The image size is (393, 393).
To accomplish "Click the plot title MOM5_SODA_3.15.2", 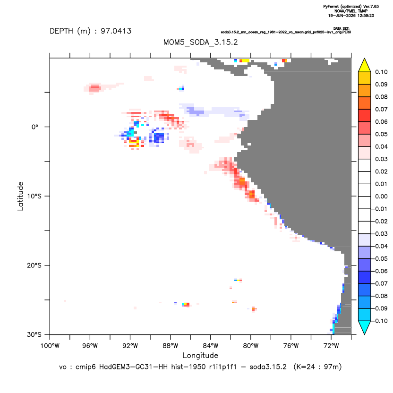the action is coord(200,42).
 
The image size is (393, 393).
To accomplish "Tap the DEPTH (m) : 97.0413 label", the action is coord(91,31).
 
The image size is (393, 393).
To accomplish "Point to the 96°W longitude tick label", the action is coord(90,346).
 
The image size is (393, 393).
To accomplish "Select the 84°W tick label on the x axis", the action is coord(211,346).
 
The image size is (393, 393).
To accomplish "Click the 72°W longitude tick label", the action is coord(331,346).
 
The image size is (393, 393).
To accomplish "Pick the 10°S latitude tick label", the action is coord(34,196).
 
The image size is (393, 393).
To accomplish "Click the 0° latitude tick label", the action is coord(35,127).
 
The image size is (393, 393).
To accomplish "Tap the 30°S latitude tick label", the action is coord(34,334).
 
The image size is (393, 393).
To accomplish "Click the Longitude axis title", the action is coord(200,355).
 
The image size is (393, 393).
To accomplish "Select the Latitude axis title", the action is coord(20,196).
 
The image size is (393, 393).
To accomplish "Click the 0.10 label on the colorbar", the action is coord(381,72).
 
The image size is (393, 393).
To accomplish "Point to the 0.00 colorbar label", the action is coord(381,196).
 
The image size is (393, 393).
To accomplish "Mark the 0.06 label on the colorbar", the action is coord(381,121).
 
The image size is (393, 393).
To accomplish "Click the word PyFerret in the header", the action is coord(331,7).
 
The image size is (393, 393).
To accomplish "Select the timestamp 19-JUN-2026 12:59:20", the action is coord(351,16).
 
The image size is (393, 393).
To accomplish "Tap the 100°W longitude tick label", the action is coord(50,346).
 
